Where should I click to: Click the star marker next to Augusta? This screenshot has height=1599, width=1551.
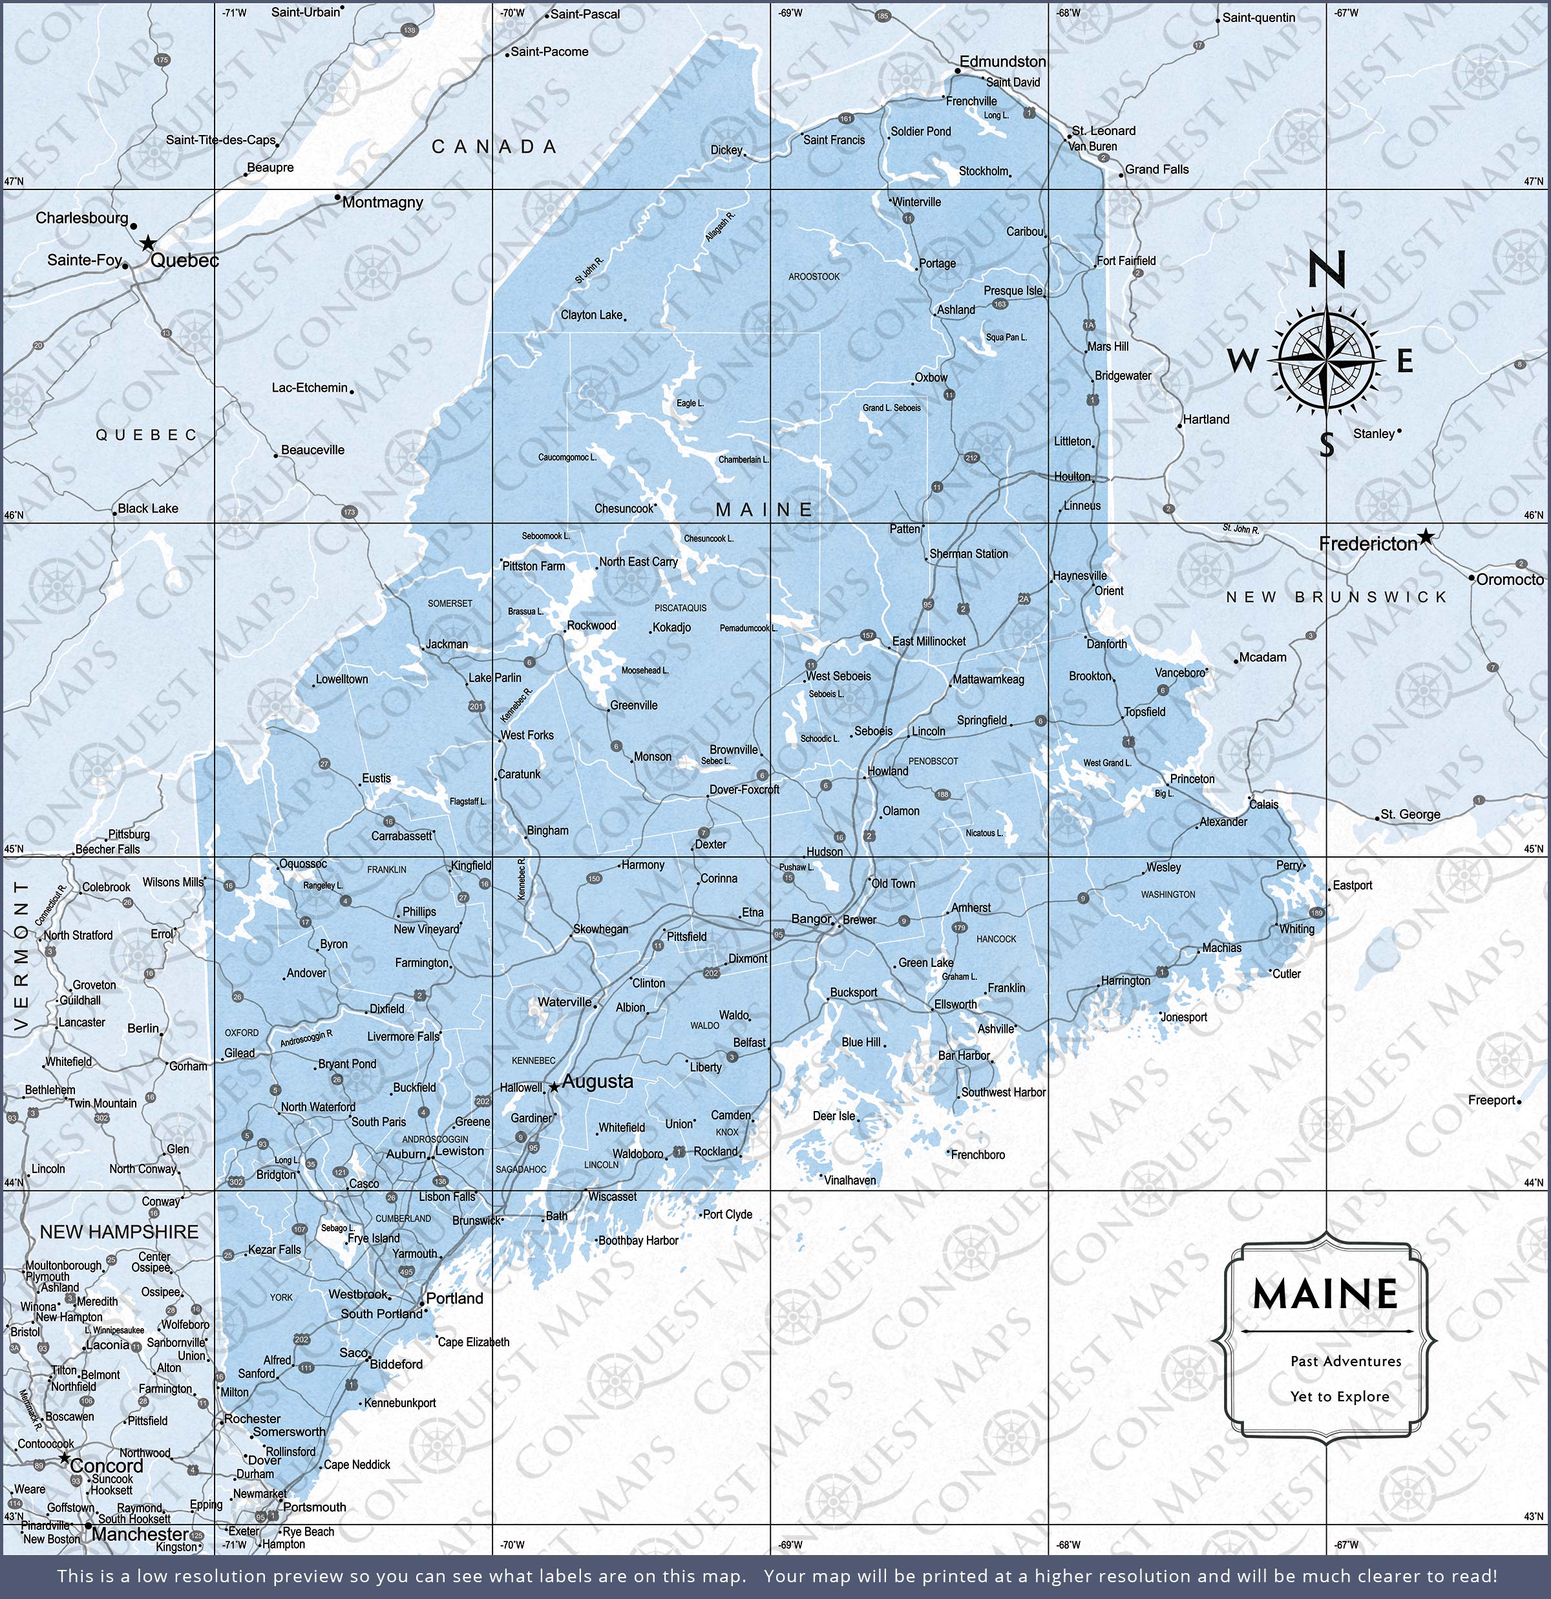554,1086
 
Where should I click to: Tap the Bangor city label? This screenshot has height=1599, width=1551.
810,918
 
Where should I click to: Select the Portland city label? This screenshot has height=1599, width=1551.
454,1298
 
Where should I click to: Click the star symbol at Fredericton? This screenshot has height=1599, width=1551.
1424,536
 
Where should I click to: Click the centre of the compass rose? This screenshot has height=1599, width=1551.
1327,360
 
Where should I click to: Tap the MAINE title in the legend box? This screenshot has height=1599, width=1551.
1325,1294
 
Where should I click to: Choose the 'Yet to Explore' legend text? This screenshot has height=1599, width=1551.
1340,1396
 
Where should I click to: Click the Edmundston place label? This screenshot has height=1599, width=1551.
1002,61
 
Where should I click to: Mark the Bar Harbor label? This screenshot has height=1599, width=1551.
964,1055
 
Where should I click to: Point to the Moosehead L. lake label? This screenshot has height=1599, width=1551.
644,670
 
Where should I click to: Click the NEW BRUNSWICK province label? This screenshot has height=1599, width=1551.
1336,597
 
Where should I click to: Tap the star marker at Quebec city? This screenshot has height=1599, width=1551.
148,243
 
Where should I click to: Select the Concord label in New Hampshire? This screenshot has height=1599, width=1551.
106,1465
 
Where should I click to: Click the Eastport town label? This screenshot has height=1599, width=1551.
1352,885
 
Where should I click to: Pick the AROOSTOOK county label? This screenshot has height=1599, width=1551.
814,277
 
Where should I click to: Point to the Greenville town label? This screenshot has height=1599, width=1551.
633,705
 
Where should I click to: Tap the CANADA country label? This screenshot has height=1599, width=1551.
494,147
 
